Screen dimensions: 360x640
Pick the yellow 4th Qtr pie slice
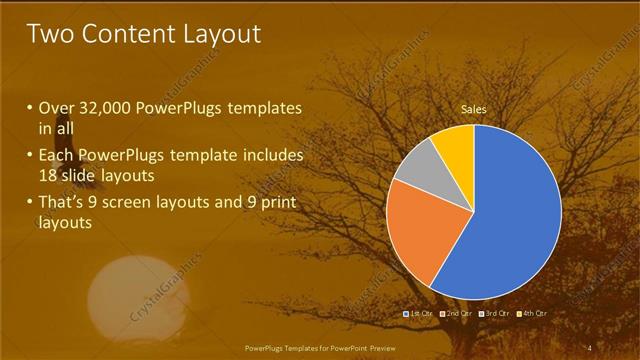coord(456,141)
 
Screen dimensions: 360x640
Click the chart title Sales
coord(474,107)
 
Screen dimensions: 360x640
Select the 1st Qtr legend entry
coord(418,314)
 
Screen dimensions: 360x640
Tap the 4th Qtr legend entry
coord(534,314)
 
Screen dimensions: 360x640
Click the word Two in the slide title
coord(53,34)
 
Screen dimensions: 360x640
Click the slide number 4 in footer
coord(591,347)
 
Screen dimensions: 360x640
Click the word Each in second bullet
coord(57,156)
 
